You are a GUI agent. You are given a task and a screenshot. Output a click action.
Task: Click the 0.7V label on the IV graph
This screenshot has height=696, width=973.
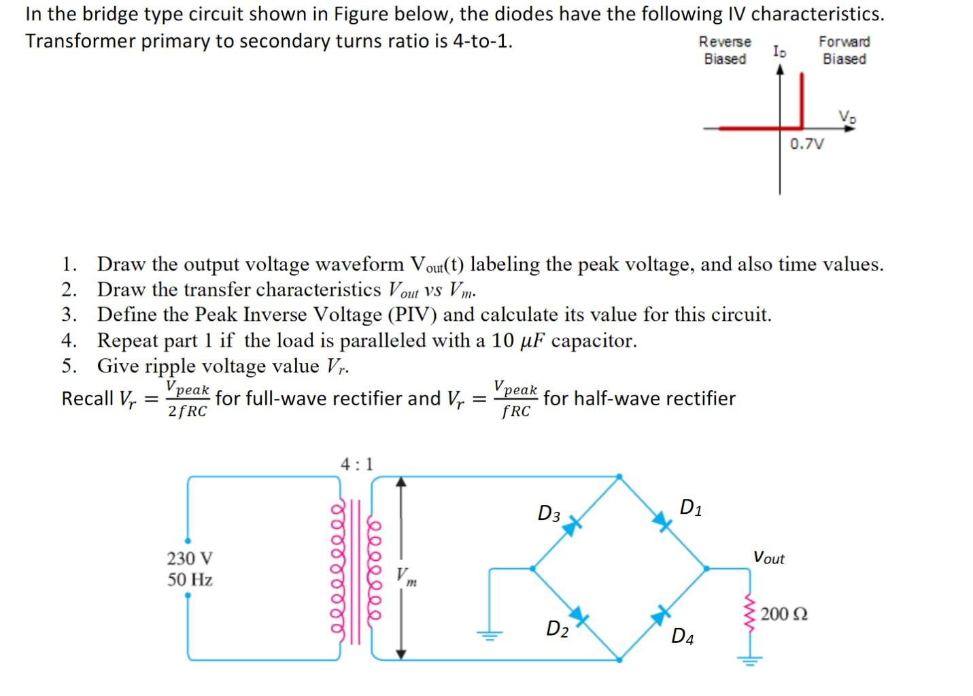[806, 144]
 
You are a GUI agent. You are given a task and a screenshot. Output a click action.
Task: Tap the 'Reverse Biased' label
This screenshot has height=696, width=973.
[725, 50]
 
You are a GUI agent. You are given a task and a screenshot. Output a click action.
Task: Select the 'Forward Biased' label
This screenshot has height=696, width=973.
[844, 50]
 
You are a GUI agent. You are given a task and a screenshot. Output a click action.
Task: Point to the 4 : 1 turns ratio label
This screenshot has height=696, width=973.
[357, 465]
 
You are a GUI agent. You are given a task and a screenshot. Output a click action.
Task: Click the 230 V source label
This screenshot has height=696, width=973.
[190, 559]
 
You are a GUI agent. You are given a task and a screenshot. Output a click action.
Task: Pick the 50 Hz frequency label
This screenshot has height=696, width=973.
[190, 580]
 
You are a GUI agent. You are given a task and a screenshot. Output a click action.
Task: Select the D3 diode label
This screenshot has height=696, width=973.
[549, 514]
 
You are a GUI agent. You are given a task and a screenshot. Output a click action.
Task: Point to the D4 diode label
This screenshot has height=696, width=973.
[682, 636]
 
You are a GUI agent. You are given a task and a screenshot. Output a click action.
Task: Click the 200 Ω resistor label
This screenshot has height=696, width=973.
[784, 614]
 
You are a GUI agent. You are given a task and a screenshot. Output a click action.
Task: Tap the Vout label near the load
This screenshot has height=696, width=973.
[768, 558]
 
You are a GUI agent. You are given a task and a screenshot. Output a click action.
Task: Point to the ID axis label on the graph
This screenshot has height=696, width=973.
[780, 51]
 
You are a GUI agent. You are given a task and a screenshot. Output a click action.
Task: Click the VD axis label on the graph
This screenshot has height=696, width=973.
[847, 116]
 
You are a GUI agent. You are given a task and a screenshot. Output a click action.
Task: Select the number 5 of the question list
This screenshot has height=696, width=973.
[68, 366]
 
